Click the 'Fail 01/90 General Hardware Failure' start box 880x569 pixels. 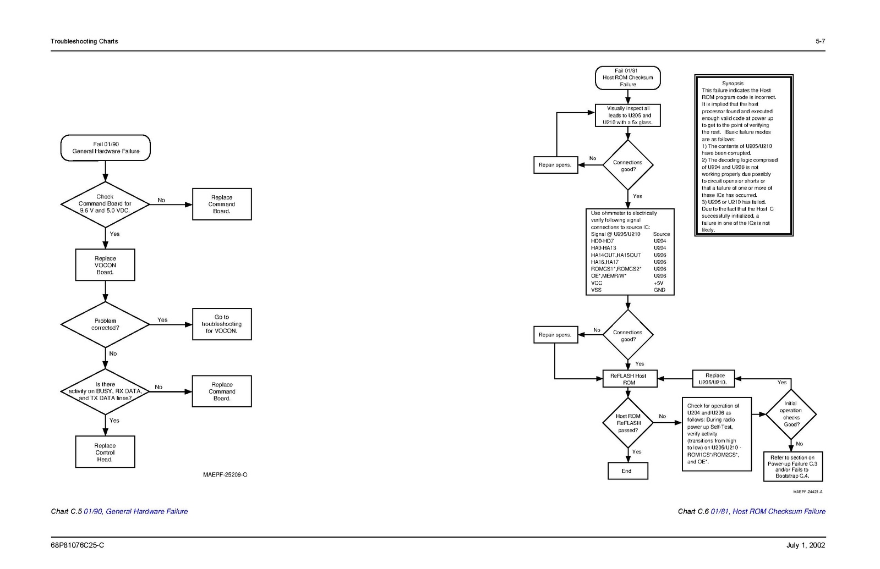(x=105, y=148)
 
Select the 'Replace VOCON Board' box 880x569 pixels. (x=105, y=265)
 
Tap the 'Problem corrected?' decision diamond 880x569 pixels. (x=105, y=324)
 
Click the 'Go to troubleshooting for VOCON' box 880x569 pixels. (x=222, y=324)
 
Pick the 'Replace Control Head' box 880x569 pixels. (x=105, y=452)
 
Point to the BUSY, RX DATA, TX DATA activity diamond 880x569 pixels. (x=105, y=391)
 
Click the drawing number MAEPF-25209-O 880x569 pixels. (x=225, y=474)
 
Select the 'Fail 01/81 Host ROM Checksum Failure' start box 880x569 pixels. (x=628, y=78)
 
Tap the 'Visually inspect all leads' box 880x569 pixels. (x=628, y=115)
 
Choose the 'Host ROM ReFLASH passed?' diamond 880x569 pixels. (x=628, y=423)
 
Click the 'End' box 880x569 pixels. (x=627, y=471)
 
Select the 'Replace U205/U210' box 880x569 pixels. (x=713, y=379)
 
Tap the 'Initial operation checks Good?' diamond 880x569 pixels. (x=791, y=414)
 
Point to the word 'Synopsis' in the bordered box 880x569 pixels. (x=733, y=84)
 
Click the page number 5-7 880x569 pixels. (x=820, y=41)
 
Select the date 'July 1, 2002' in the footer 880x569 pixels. (x=806, y=545)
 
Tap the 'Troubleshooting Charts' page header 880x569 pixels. (x=84, y=41)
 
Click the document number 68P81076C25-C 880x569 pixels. (x=78, y=545)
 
